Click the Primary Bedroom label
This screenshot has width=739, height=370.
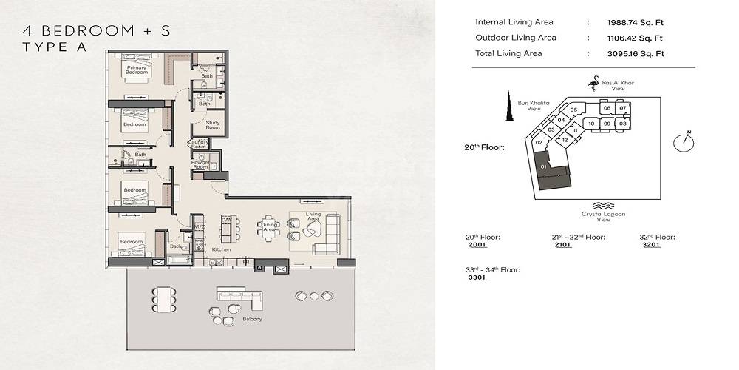[137, 70]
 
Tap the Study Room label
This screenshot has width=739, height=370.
[213, 125]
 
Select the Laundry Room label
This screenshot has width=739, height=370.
[199, 144]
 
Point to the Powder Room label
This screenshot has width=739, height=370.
[200, 164]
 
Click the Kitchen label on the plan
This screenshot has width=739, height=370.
[222, 249]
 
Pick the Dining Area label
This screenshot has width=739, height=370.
[268, 226]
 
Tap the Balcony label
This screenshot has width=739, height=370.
[253, 319]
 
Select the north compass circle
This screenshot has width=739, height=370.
[684, 141]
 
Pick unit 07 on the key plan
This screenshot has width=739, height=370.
[623, 109]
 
